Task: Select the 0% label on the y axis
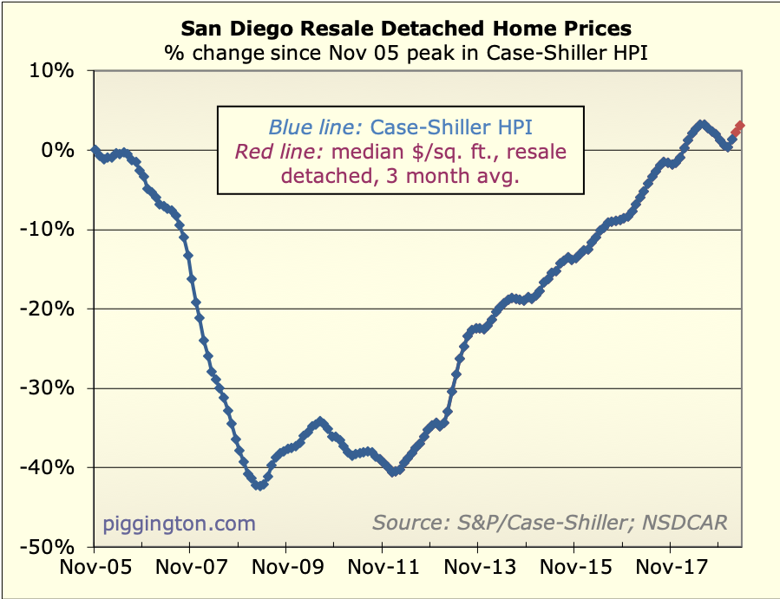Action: coord(59,150)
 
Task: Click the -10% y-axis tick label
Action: coord(50,230)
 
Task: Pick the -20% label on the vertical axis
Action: coord(50,309)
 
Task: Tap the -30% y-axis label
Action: coord(50,388)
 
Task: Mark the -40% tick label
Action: coord(50,468)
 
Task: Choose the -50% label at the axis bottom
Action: coord(50,547)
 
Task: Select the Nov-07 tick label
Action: coord(190,570)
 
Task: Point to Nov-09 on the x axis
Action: coord(286,570)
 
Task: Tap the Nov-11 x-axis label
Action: coord(383,570)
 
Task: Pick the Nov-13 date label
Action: coord(479,570)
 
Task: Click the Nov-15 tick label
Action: coord(574,570)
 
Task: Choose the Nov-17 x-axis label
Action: coord(671,570)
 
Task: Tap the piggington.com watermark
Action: coord(180,523)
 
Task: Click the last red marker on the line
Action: coord(740,127)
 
